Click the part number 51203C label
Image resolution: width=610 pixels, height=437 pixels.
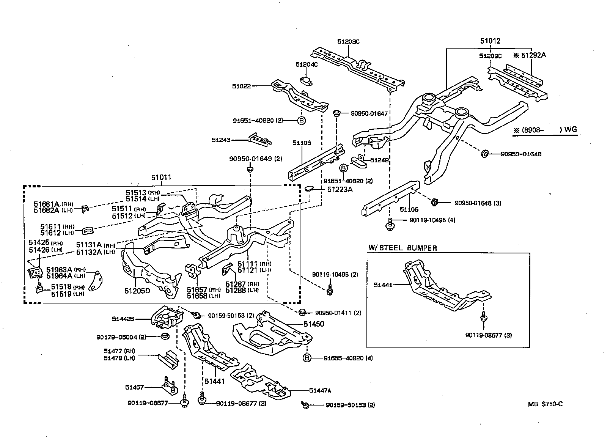pyautogui.click(x=348, y=42)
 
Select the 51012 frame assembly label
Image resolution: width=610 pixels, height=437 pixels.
pyautogui.click(x=490, y=41)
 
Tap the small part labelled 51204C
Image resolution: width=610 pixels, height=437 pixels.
pyautogui.click(x=306, y=80)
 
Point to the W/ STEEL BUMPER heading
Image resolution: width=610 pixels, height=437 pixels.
pyautogui.click(x=402, y=248)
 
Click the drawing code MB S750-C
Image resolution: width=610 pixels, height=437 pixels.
pyautogui.click(x=545, y=404)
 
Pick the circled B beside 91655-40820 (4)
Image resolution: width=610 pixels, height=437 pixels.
pyautogui.click(x=307, y=358)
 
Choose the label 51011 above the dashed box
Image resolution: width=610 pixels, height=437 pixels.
pyautogui.click(x=161, y=178)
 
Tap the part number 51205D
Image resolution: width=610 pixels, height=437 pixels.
pyautogui.click(x=137, y=291)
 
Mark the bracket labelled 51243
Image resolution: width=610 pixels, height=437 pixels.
pyautogui.click(x=259, y=140)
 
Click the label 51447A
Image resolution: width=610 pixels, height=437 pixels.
pyautogui.click(x=320, y=390)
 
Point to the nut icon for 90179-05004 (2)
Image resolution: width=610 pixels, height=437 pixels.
pyautogui.click(x=165, y=336)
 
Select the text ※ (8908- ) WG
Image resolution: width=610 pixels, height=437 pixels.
pyautogui.click(x=545, y=130)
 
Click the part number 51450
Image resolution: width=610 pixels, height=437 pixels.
pyautogui.click(x=314, y=324)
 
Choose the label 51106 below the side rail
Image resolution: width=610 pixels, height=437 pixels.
pyautogui.click(x=409, y=209)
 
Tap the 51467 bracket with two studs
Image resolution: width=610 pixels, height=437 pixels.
pyautogui.click(x=169, y=387)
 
